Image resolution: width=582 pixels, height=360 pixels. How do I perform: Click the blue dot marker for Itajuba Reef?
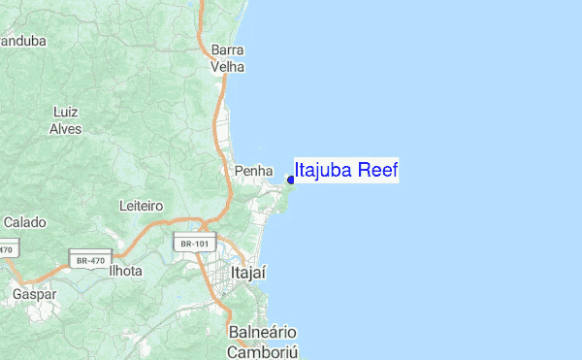(x=291, y=180)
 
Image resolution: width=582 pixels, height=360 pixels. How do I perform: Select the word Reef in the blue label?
(x=378, y=171)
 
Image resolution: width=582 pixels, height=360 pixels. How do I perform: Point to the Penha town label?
(x=253, y=171)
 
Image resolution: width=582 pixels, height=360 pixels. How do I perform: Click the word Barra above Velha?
(x=227, y=49)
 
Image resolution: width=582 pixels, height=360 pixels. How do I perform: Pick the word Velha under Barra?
(x=228, y=67)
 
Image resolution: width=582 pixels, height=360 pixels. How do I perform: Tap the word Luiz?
(x=65, y=111)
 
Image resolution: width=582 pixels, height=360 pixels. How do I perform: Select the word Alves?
(x=65, y=127)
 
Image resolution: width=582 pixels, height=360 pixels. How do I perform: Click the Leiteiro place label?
(x=140, y=206)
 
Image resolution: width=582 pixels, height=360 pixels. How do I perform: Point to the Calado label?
(x=24, y=222)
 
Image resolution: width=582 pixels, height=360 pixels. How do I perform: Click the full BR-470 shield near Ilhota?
(x=89, y=259)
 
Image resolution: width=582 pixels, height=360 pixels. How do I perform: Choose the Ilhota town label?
(x=125, y=272)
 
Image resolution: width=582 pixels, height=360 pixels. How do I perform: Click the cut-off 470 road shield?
(x=6, y=249)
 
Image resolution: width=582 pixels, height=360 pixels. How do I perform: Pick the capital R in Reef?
(x=365, y=171)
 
